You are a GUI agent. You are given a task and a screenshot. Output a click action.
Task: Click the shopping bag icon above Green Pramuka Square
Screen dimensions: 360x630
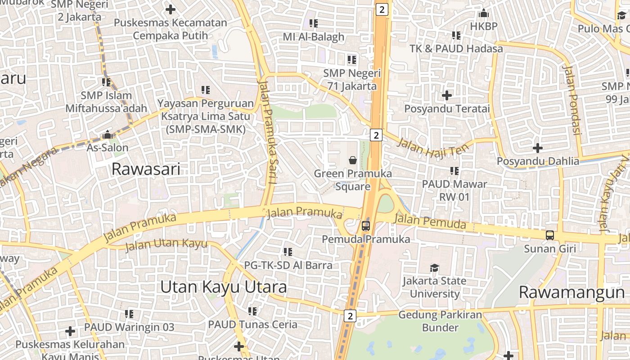(353, 160)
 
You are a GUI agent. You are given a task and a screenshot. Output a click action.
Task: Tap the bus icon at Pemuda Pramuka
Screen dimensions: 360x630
(366, 226)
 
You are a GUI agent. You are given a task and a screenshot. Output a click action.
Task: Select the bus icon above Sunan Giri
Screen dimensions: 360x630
(550, 235)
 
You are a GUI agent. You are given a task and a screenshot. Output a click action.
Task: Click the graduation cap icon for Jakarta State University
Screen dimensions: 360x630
(434, 268)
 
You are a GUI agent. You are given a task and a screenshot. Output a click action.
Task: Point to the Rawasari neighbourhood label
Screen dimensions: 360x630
(146, 169)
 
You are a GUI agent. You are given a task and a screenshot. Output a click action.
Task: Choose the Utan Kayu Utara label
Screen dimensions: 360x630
(223, 287)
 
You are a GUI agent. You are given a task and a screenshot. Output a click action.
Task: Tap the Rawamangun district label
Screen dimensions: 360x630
(571, 292)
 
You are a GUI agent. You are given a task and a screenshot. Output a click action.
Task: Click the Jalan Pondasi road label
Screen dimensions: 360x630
(571, 100)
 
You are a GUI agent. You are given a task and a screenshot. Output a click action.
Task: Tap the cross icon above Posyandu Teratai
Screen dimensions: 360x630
(447, 95)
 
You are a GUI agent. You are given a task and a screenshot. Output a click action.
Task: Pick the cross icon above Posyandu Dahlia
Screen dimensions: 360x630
(538, 148)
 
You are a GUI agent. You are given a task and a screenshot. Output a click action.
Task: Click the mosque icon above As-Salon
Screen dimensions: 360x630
(107, 135)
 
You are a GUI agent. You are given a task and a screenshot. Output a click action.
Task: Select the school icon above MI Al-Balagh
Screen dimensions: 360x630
(314, 23)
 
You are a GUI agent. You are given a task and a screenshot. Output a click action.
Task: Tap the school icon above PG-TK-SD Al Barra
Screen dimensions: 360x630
(288, 252)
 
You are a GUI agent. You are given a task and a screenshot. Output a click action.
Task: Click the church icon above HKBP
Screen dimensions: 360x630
(484, 13)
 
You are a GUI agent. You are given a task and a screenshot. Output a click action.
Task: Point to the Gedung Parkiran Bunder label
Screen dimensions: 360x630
(440, 321)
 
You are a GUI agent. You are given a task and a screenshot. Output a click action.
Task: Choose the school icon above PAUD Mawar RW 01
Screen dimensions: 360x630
(454, 171)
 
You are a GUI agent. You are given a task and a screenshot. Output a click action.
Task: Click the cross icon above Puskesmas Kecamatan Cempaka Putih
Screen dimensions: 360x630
(171, 9)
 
